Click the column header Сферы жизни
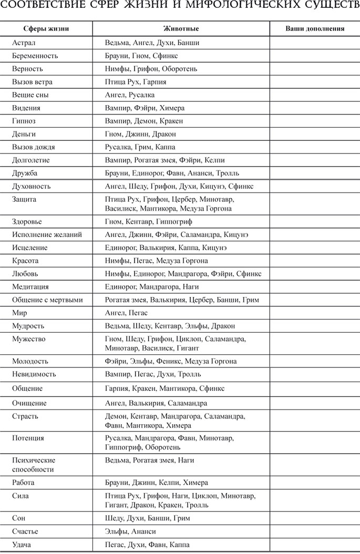46,28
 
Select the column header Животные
181,28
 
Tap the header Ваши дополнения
315,28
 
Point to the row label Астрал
24,42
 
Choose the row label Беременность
35,55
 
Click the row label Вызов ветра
33,81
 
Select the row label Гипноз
24,121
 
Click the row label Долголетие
32,160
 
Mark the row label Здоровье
27,221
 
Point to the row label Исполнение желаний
47,234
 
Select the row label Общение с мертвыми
47,300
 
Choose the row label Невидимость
34,374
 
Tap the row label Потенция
28,438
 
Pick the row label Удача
22,545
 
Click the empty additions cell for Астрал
315,42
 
